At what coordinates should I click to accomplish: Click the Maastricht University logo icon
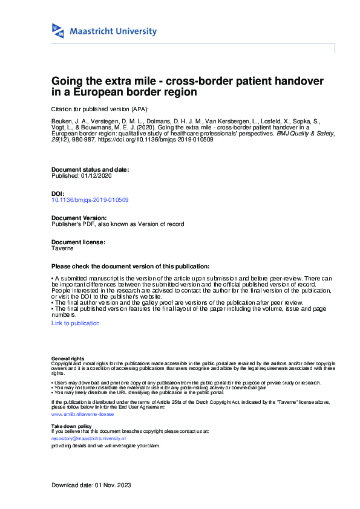[58, 31]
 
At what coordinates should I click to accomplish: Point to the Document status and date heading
[90, 170]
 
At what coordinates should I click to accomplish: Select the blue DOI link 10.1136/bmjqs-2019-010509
[90, 199]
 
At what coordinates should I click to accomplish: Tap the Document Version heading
[79, 218]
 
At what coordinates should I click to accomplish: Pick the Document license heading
[79, 242]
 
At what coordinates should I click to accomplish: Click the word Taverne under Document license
[62, 248]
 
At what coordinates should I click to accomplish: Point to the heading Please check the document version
[131, 267]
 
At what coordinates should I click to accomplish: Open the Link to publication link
[76, 323]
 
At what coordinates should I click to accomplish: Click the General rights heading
[68, 359]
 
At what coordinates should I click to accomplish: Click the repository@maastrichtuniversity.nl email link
[88, 438]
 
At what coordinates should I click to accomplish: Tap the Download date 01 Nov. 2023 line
[91, 485]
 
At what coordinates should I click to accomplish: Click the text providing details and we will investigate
[106, 446]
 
